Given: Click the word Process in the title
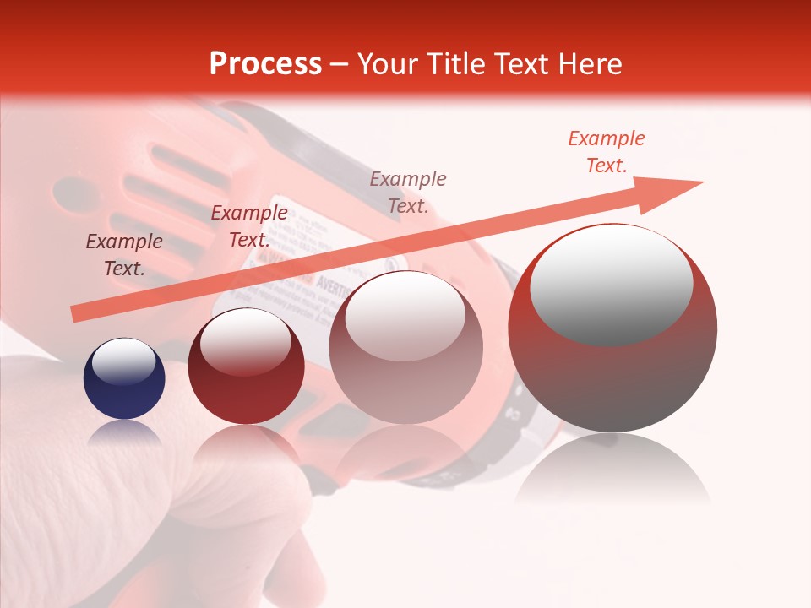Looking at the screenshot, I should (x=265, y=64).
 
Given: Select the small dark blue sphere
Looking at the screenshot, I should (x=124, y=379).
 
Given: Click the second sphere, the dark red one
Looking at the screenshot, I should (x=246, y=367).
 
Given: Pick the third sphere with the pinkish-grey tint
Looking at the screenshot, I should (x=405, y=348).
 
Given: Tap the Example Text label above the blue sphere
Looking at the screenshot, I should (x=124, y=254).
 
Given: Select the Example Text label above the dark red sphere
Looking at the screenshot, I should (x=249, y=225).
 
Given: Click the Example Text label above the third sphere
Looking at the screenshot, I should (x=408, y=192).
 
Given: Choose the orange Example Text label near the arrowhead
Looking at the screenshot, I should (x=607, y=151).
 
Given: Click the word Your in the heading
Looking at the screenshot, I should (x=386, y=64).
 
